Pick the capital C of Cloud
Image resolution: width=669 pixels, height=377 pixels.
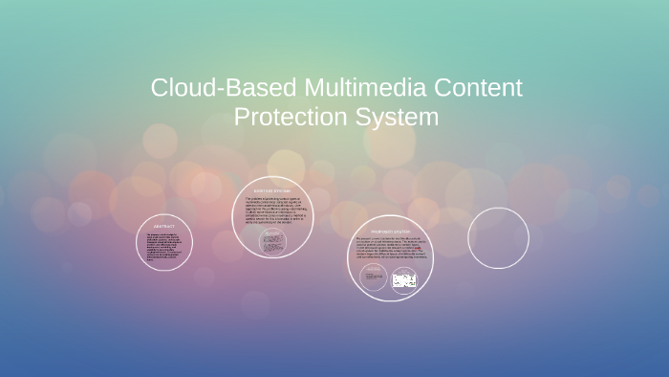pos(160,89)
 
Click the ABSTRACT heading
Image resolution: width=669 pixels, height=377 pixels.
pos(164,226)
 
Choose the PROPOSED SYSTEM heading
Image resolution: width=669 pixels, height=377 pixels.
pos(390,231)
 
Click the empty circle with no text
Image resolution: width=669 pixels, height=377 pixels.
pos(498,238)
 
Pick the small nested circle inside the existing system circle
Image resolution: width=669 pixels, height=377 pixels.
pos(274,243)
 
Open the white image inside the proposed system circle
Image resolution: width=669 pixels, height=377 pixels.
pos(404,280)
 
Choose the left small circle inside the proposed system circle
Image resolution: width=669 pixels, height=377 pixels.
pos(373,278)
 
